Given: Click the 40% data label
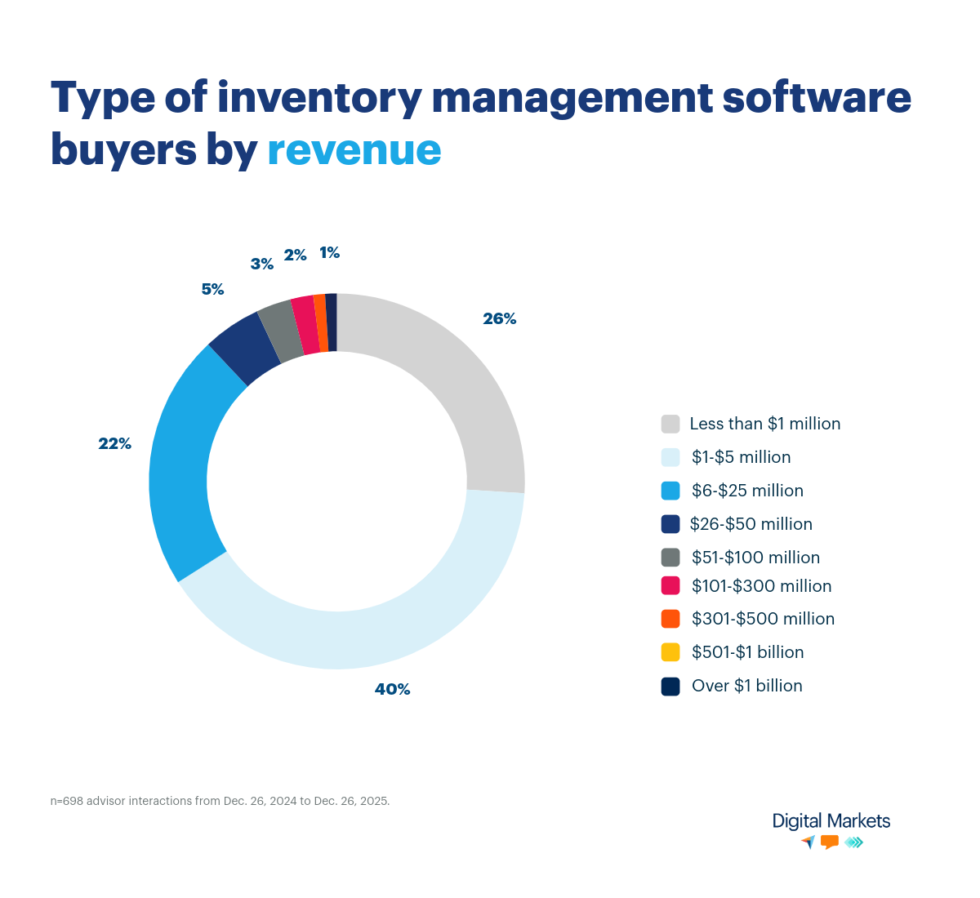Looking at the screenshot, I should pos(392,689).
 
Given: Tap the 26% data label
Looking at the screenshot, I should pos(499,318).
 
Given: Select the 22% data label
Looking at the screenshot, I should pos(114,443).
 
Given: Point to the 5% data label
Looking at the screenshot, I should pos(212,289).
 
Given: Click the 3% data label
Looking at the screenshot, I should pos(261,264).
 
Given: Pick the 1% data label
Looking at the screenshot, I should pos(329,253).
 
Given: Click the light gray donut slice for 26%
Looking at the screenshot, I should pos(457,384).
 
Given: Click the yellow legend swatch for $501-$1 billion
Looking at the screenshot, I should pos(670,652).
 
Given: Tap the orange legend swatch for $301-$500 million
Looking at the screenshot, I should pos(670,619).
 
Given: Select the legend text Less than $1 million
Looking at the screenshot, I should pos(764,424).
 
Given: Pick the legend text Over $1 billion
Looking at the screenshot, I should pos(746,686).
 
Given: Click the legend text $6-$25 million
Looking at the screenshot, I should pos(747,491).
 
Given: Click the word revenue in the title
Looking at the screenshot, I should pos(354,149).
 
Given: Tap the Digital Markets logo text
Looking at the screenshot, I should pos(831,821).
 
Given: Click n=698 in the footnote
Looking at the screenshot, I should pos(67,801).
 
